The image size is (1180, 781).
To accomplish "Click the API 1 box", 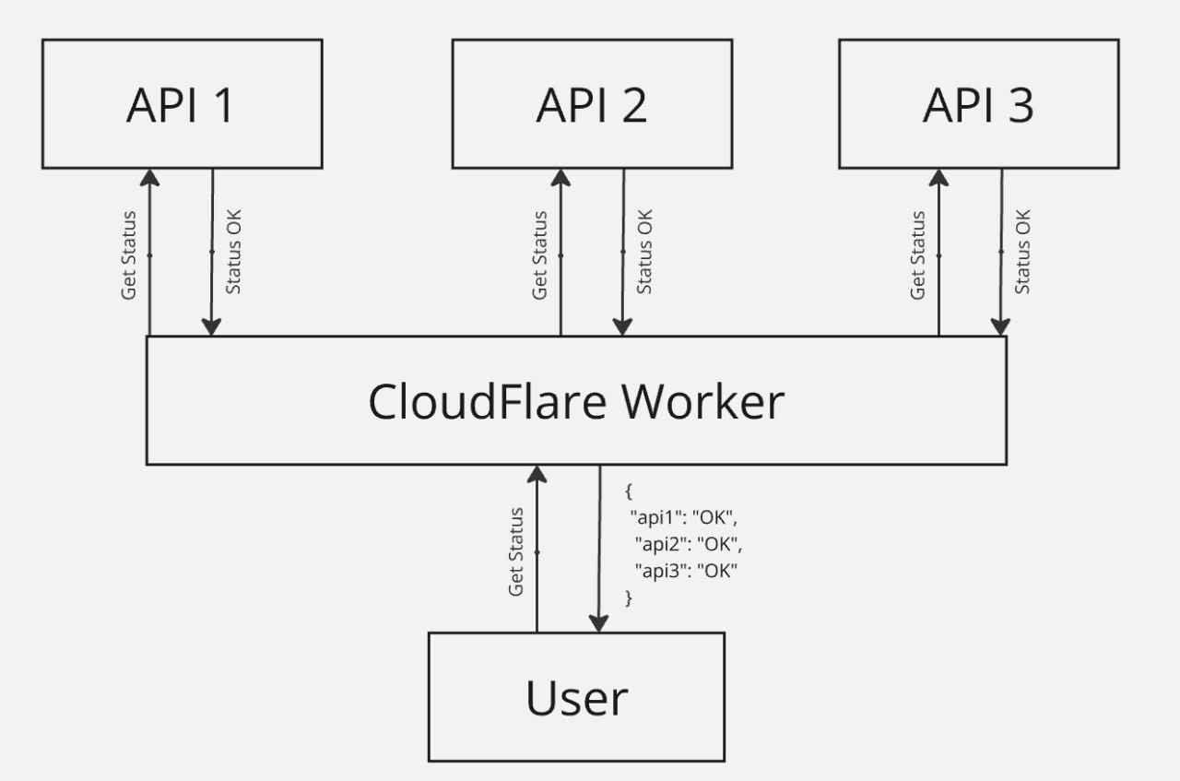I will [182, 104].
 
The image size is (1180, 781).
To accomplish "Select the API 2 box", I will [592, 104].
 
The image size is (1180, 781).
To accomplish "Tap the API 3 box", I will [978, 104].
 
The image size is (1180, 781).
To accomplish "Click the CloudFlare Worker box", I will [575, 400].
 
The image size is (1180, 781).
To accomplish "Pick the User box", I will [576, 697].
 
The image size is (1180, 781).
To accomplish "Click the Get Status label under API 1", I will [129, 255].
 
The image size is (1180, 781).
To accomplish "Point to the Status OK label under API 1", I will [234, 252].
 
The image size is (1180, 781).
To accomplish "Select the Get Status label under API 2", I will [540, 255].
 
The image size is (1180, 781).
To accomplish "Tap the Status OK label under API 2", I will [645, 252].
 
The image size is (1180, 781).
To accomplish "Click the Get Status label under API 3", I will [918, 255].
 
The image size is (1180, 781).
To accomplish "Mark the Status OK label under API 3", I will [1023, 252].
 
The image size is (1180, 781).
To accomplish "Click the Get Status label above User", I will [516, 551].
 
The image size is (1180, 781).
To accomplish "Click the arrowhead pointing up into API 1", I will [148, 177].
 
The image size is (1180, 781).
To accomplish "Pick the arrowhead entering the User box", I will [600, 623].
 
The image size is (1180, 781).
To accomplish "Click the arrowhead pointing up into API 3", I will [938, 177].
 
